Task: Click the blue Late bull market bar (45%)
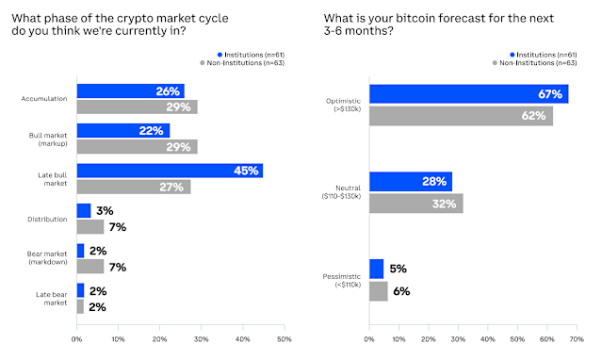(x=170, y=171)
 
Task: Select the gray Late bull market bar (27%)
(x=133, y=187)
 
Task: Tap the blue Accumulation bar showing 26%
(x=130, y=90)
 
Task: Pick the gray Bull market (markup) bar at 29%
(x=137, y=146)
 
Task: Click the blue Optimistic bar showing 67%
(x=468, y=93)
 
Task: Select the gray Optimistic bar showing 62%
(x=461, y=117)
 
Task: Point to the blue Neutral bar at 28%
(x=410, y=181)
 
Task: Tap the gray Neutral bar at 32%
(x=415, y=203)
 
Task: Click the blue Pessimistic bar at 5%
(x=376, y=269)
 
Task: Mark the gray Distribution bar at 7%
(x=90, y=227)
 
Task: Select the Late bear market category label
(x=51, y=299)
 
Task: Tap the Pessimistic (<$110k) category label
(x=341, y=280)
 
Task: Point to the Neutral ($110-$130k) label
(x=340, y=191)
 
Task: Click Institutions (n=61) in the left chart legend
(x=255, y=56)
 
